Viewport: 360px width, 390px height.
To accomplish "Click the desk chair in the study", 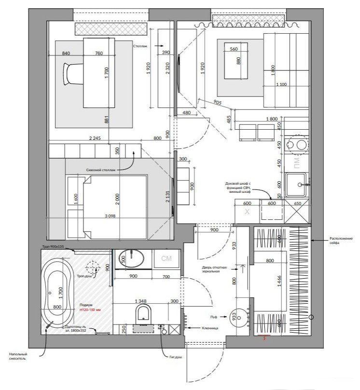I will pyautogui.click(x=73, y=74).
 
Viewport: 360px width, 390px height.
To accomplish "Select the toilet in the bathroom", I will pyautogui.click(x=144, y=315).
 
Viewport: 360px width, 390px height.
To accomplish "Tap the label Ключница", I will pyautogui.click(x=210, y=328).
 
